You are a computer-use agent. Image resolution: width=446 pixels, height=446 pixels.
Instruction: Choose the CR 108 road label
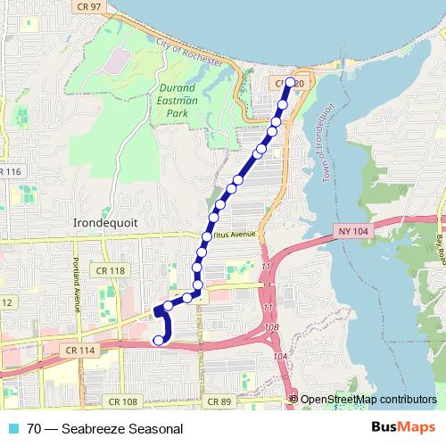[122, 402]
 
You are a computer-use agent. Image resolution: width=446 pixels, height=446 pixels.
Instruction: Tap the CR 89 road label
[219, 402]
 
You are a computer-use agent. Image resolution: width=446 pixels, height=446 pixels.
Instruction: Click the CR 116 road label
[11, 171]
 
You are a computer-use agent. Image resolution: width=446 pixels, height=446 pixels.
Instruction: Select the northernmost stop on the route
[290, 82]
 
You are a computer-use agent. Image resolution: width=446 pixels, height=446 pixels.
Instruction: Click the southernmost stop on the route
[160, 340]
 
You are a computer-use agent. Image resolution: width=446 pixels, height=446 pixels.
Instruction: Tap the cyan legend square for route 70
[12, 429]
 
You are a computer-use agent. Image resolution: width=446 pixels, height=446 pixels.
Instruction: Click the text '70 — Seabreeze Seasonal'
[104, 429]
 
